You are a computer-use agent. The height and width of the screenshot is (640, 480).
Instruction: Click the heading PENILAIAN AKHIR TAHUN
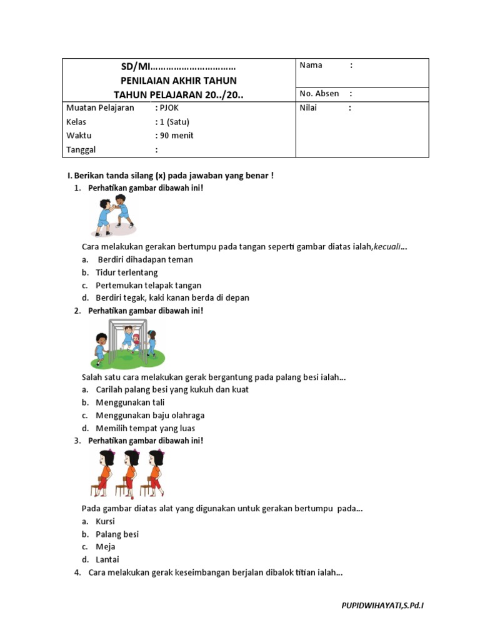[x=178, y=81]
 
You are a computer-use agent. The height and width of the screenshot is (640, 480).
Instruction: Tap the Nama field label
[x=311, y=65]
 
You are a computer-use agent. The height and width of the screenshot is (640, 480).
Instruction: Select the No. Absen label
[x=319, y=94]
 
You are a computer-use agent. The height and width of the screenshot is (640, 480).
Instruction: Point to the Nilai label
[x=308, y=107]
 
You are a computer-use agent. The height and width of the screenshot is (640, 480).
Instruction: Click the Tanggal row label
[x=81, y=150]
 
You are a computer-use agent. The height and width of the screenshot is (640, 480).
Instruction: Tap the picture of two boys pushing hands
[x=114, y=216]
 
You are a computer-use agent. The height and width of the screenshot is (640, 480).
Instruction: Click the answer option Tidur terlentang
[x=127, y=272]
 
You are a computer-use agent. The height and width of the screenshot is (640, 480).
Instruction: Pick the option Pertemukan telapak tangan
[x=149, y=285]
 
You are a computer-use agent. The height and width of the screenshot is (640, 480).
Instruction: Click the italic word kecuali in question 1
[x=387, y=247]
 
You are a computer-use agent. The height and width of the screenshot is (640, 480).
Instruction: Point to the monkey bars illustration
[x=128, y=343]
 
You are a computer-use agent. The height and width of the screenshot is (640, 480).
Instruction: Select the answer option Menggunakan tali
[x=130, y=402]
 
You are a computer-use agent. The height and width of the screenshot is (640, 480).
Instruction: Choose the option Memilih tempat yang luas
[x=145, y=428]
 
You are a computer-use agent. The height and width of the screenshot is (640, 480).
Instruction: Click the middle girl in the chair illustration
[x=129, y=474]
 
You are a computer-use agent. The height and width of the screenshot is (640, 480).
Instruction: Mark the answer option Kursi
[x=105, y=521]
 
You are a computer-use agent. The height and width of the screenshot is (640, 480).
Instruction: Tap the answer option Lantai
[x=107, y=559]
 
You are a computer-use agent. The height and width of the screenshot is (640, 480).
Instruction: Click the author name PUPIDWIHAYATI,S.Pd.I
[x=386, y=606]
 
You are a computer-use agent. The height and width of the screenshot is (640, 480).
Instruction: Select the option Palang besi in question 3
[x=117, y=534]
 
